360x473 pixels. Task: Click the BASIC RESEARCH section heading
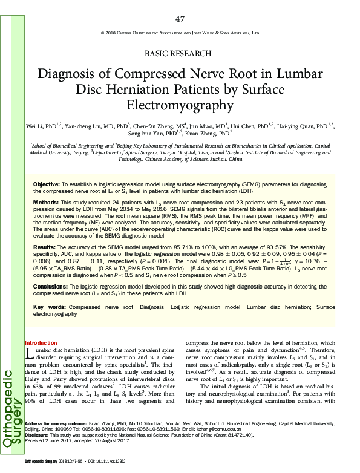pos(179,53)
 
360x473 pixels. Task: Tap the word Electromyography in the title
pos(179,105)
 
